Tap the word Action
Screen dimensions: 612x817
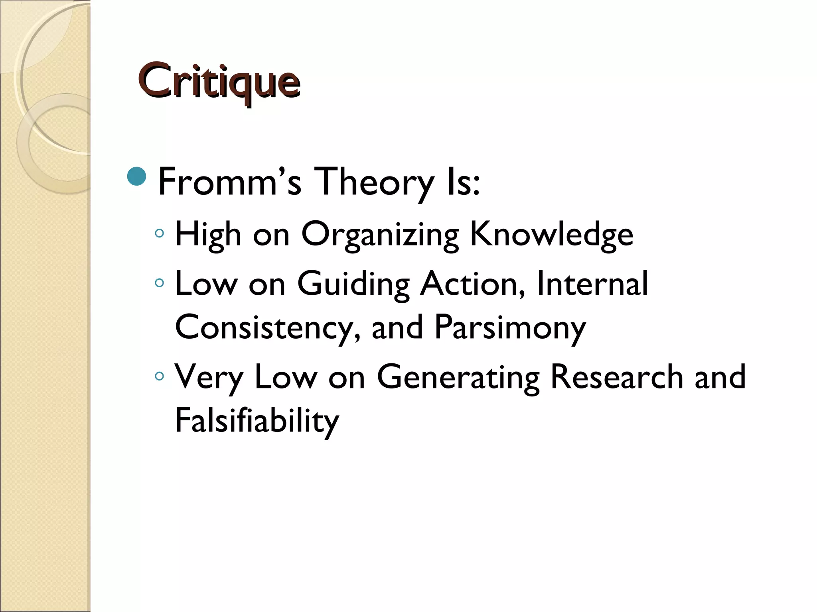point(473,284)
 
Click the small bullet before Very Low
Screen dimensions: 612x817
point(160,376)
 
